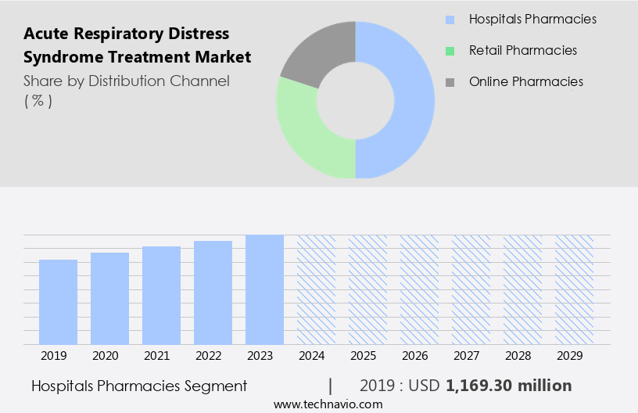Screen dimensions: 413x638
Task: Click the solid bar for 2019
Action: point(59,302)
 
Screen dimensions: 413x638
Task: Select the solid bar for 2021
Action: point(161,295)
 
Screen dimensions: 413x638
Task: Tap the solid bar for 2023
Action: point(264,289)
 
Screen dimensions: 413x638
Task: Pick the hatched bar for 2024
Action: point(316,289)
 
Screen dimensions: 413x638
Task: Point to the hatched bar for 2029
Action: point(574,289)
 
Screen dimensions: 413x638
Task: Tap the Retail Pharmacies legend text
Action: point(522,50)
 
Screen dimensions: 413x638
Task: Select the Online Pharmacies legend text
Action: point(525,81)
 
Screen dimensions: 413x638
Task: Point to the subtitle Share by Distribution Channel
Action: point(127,81)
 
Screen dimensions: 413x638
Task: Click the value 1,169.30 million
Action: point(508,386)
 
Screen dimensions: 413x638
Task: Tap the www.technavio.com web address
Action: point(328,404)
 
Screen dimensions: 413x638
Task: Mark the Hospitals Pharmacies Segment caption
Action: point(139,386)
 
